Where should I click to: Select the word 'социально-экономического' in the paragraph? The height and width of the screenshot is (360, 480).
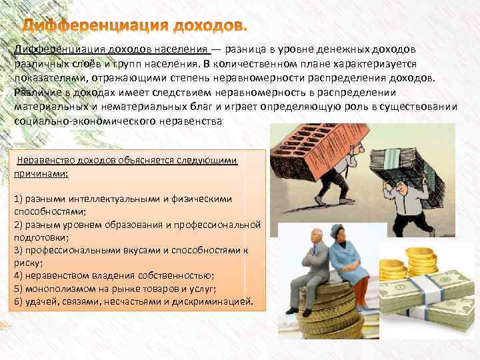pos(73,121)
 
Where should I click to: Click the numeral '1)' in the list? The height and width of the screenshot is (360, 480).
pos(18,199)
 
